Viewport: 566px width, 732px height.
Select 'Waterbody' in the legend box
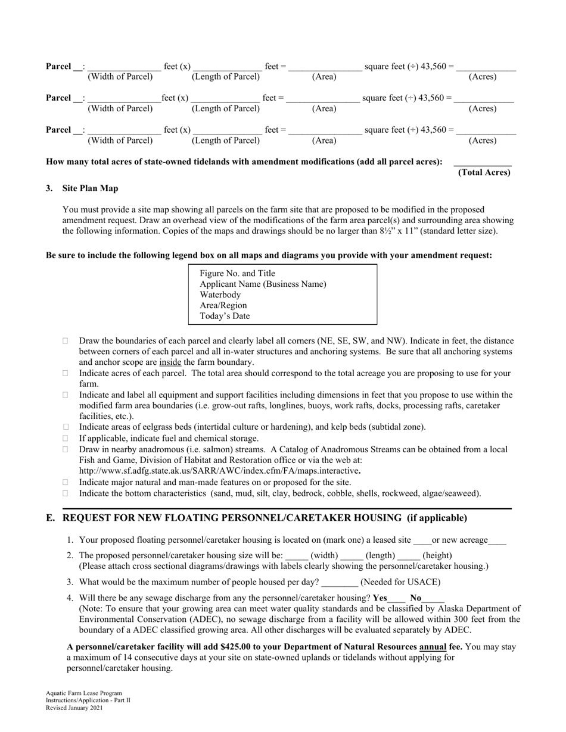pos(220,295)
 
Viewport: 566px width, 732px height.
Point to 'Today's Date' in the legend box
pos(225,316)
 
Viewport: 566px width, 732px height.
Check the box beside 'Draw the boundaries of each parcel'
pos(66,341)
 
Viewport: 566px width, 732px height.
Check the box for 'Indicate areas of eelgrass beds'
pos(66,427)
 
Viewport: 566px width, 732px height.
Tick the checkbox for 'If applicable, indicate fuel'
pos(66,438)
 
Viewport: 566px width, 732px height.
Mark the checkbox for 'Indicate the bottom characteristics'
pos(66,493)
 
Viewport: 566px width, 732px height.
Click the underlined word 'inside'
pos(170,362)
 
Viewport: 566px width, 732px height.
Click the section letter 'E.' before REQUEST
pos(51,518)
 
